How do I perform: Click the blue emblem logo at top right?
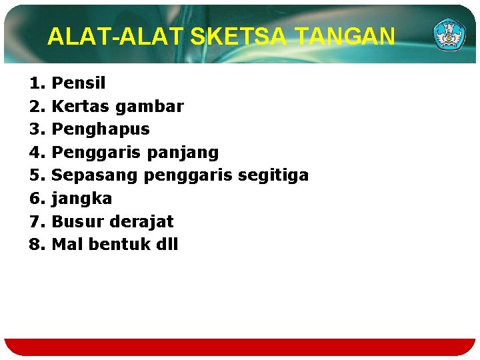point(451,34)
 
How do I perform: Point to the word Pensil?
point(78,83)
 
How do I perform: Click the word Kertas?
point(81,106)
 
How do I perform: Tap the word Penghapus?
point(100,129)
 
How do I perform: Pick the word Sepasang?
point(95,175)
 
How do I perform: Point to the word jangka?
point(81,199)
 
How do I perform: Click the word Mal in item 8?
point(67,244)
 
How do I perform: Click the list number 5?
point(35,175)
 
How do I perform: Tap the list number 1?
point(35,83)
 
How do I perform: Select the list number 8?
point(35,244)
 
